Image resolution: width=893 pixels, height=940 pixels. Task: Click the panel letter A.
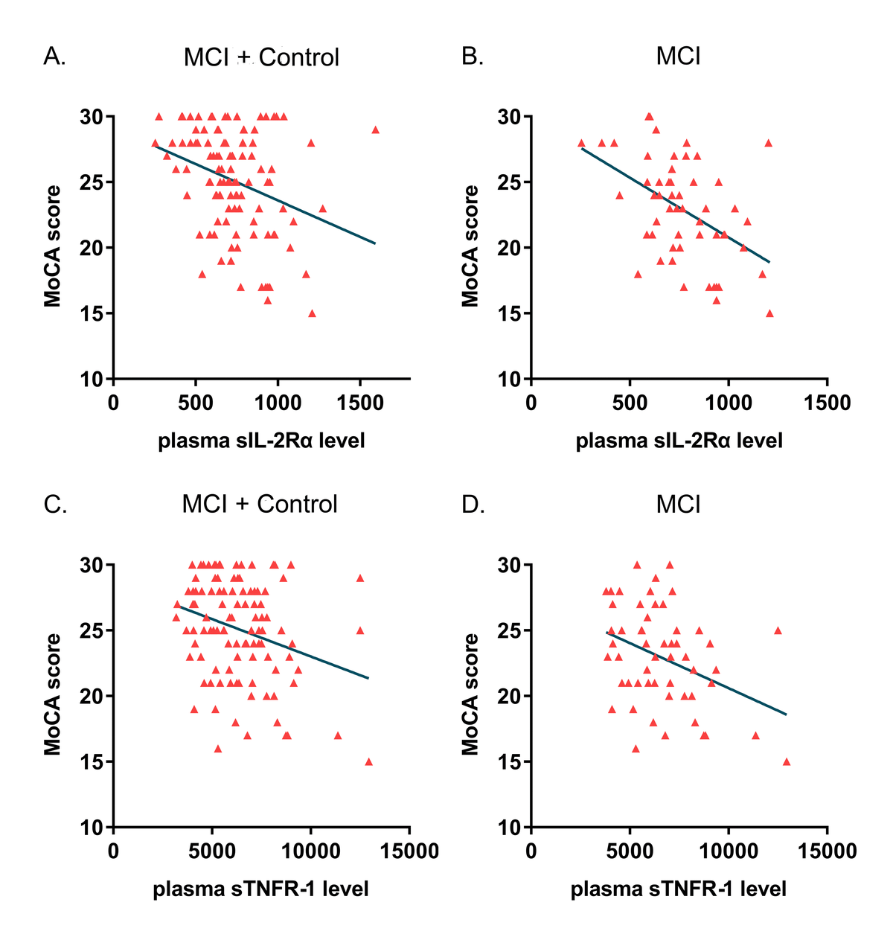[x=55, y=57]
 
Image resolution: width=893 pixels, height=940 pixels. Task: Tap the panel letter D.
[x=473, y=505]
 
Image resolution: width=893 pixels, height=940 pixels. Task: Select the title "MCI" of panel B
[x=678, y=57]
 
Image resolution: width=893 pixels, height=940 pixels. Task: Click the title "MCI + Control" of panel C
[x=260, y=505]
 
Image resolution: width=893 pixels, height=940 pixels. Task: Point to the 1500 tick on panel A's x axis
[x=360, y=403]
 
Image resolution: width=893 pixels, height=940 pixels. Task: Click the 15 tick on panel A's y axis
[x=96, y=313]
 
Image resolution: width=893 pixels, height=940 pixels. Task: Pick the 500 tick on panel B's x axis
[x=630, y=403]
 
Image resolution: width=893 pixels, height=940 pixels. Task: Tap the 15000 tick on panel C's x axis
[x=409, y=851]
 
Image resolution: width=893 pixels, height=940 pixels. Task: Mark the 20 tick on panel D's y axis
[x=513, y=696]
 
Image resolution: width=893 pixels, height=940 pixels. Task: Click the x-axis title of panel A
[x=261, y=441]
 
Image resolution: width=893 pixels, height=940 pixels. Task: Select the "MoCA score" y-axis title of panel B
[x=470, y=246]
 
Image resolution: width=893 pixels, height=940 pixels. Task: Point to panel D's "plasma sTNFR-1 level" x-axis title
[x=678, y=889]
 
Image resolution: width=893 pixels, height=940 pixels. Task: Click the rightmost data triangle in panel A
[x=375, y=130]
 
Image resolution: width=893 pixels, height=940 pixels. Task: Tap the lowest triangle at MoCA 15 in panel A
[x=312, y=313]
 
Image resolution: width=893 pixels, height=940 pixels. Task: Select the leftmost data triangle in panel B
[x=580, y=143]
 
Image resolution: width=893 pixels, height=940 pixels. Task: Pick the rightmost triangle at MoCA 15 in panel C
[x=368, y=761]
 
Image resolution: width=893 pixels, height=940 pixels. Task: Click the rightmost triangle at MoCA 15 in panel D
[x=786, y=761]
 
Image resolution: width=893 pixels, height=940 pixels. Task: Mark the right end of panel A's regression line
[x=375, y=243]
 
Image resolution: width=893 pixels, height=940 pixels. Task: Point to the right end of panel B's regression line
[x=769, y=262]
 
